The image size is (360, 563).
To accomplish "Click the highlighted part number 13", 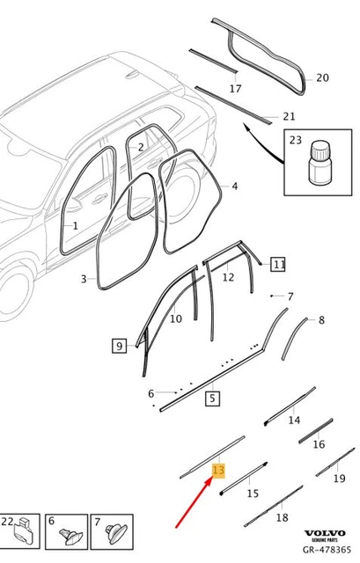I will pos(219,472).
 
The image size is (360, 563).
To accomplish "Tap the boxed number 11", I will pos(278,264).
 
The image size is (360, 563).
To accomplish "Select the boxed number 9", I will pos(119,346).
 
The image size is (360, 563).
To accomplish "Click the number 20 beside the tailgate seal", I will pos(322,77).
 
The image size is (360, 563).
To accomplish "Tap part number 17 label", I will pos(235,89).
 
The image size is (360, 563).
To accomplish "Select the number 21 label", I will pos(289,116).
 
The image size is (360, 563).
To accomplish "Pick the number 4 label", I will pos(234,186).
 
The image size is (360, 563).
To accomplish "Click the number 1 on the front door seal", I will pos(76,226).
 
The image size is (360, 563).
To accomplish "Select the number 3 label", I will pos(84,279).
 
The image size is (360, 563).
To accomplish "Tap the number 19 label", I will pos(340,479).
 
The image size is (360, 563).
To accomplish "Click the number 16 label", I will pos(319,445).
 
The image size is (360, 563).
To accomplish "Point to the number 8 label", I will pos(320,320).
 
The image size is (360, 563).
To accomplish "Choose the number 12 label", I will pos(228,277).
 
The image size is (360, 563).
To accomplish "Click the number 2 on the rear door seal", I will pos(140,147).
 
